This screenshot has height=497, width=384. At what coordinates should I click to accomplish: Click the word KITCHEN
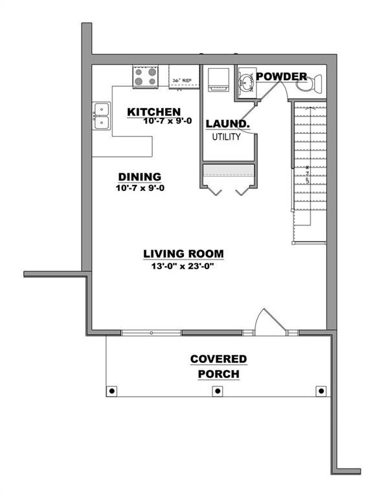[153, 112]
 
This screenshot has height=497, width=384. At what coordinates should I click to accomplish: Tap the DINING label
[139, 177]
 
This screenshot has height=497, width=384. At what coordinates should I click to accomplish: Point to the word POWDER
[281, 77]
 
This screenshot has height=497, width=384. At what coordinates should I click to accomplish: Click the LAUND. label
[228, 124]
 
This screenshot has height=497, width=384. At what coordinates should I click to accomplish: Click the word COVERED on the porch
[218, 359]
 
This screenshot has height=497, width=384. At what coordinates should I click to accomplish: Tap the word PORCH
[218, 374]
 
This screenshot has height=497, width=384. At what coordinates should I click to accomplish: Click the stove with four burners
[146, 78]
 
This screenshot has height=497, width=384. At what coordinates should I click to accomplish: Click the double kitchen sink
[100, 116]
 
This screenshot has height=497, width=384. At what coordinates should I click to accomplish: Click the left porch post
[112, 390]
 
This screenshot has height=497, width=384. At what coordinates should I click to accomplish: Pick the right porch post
[321, 390]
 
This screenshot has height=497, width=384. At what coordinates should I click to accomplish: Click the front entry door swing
[267, 322]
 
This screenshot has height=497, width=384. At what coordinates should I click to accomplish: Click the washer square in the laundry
[218, 78]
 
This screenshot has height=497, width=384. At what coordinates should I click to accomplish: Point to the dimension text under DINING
[139, 188]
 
